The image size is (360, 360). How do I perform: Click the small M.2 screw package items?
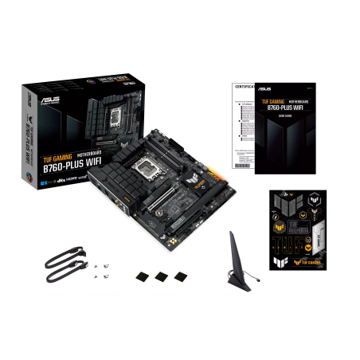click(x=101, y=272)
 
